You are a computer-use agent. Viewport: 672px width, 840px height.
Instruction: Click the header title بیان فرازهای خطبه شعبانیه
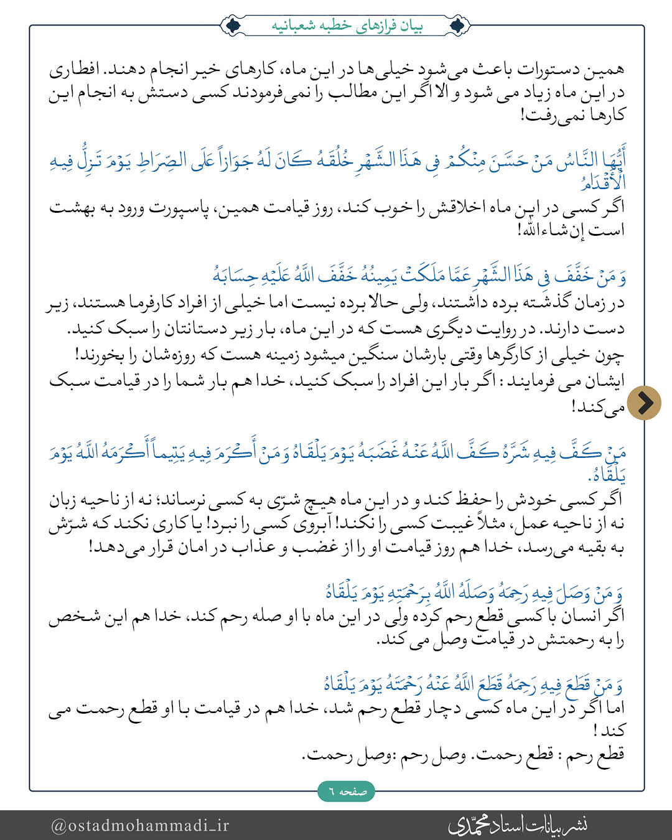347,26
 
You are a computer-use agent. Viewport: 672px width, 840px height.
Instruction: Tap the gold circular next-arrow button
644,403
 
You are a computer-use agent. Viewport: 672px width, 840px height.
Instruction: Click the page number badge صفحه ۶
347,791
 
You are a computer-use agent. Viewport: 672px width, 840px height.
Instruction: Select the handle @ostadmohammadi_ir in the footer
140,825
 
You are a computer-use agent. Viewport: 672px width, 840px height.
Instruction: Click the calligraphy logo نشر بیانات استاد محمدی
518,825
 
